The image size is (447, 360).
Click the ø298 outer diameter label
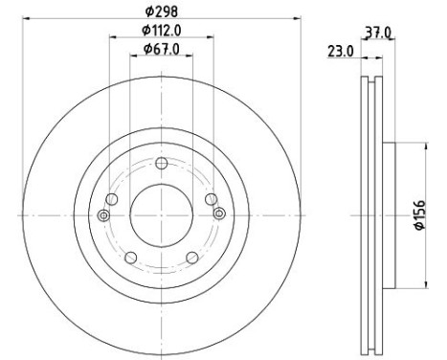[162, 11]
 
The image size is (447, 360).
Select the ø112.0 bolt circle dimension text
[162, 31]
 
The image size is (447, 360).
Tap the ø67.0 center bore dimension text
[162, 49]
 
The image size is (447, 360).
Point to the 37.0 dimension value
[378, 33]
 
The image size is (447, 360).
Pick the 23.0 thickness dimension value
[341, 51]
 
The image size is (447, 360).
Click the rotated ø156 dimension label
[420, 214]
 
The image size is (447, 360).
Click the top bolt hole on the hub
[162, 164]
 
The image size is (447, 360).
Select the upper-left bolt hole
[112, 199]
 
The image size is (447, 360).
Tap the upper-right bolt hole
[211, 199]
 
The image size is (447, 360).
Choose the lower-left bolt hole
[131, 258]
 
